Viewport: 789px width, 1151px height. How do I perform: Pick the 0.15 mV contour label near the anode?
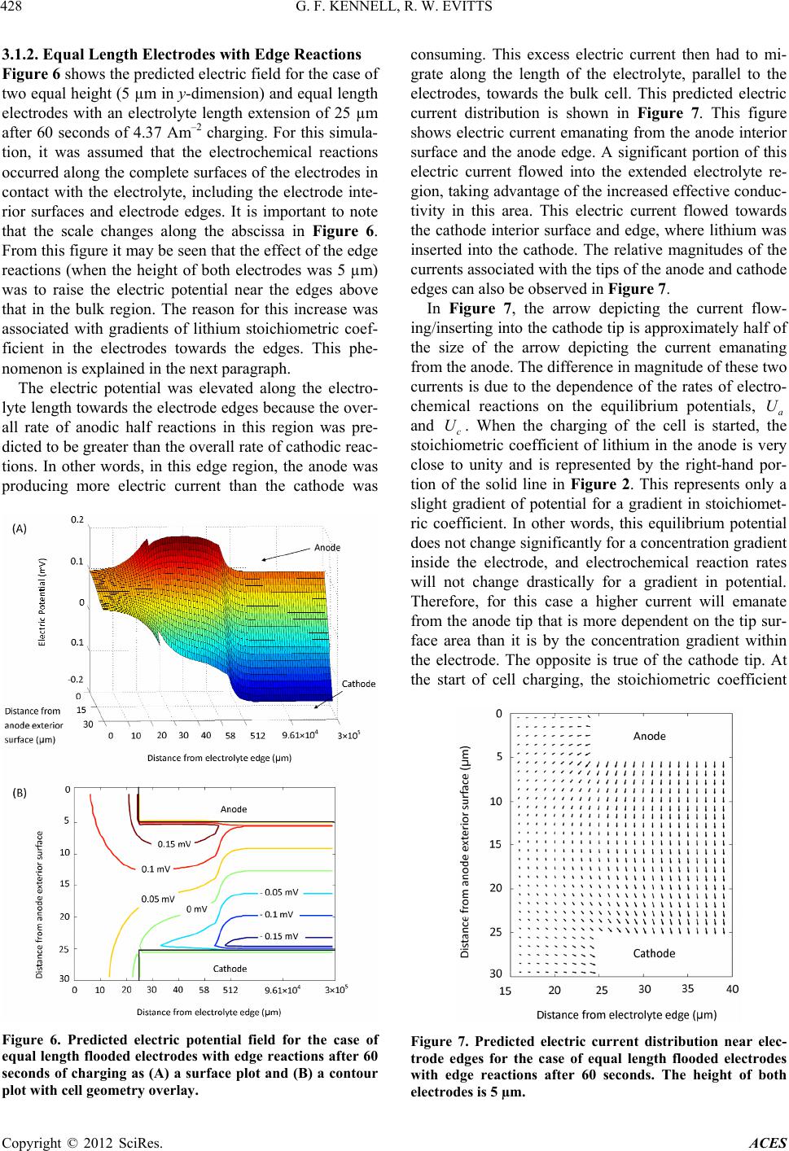coord(174,843)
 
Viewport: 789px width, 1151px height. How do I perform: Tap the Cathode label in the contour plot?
coord(230,969)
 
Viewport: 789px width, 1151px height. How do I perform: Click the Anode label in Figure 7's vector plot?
coord(649,736)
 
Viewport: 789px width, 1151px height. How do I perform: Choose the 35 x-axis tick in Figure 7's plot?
coord(687,989)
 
